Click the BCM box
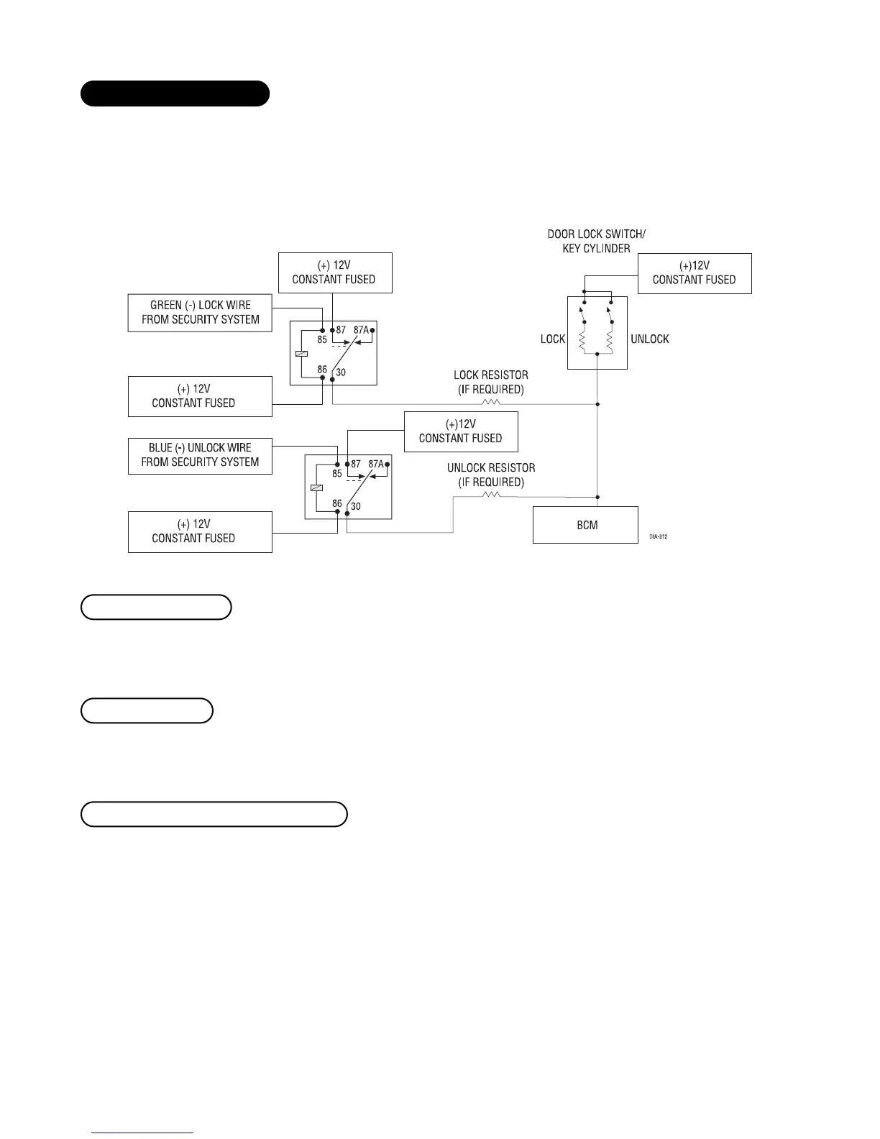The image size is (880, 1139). [x=585, y=525]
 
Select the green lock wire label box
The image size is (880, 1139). [x=200, y=312]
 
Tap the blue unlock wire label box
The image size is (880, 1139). [x=200, y=455]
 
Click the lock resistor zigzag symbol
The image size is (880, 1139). [x=491, y=403]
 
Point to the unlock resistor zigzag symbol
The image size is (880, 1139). [x=491, y=495]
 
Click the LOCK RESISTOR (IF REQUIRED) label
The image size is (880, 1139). [x=491, y=382]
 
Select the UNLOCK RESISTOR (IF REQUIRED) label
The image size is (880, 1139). [x=491, y=475]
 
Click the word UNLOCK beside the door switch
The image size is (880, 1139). [x=649, y=339]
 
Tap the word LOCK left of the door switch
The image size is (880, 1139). [x=553, y=339]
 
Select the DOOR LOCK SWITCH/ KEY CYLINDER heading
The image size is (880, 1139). [x=596, y=241]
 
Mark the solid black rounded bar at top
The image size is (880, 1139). [x=175, y=93]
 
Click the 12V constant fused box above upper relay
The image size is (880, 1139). [x=335, y=273]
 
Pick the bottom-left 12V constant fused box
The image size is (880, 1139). [x=200, y=531]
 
